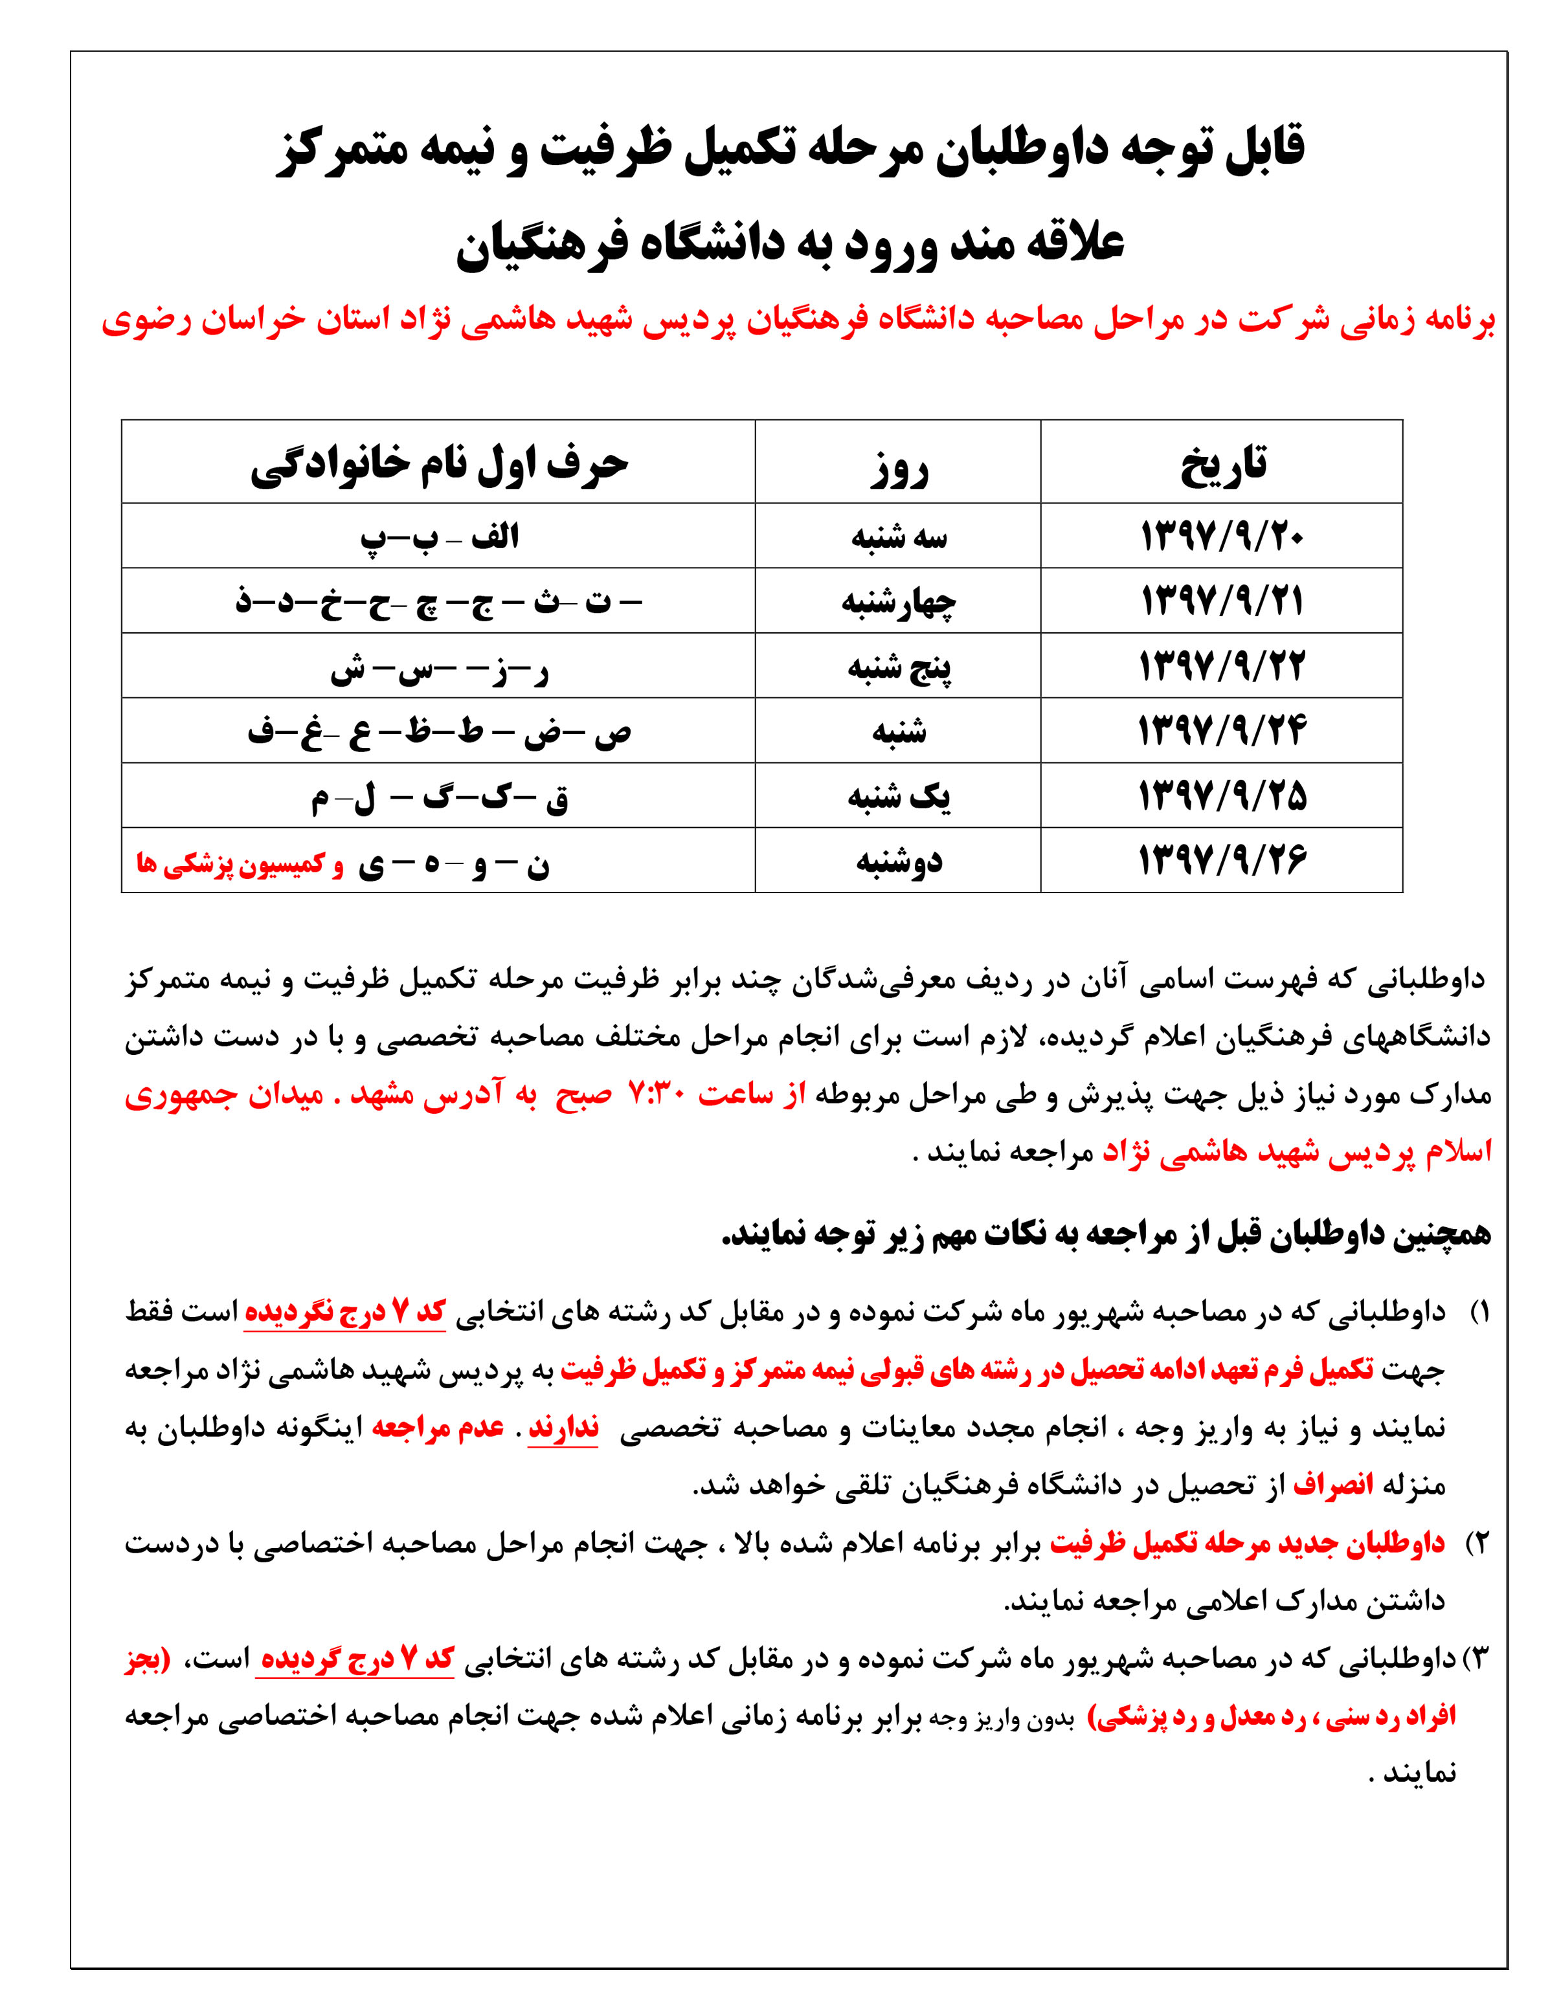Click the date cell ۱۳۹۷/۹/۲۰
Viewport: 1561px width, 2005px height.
(1221, 536)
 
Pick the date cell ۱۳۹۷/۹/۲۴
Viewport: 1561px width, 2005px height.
(1221, 731)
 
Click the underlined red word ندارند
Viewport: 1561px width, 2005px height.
(562, 1428)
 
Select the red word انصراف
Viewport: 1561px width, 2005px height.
(1332, 1485)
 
